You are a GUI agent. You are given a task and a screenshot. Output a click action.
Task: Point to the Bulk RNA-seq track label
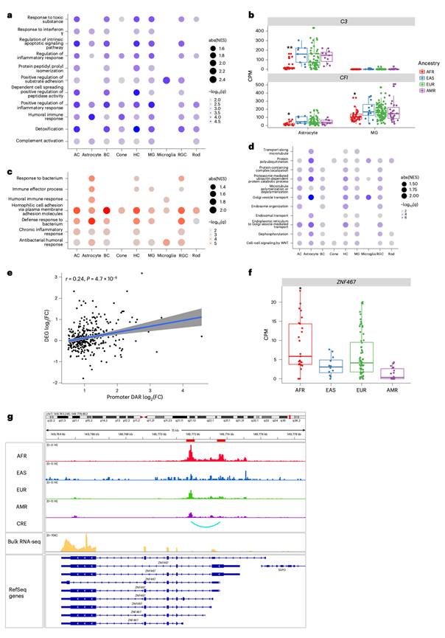click(25, 540)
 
